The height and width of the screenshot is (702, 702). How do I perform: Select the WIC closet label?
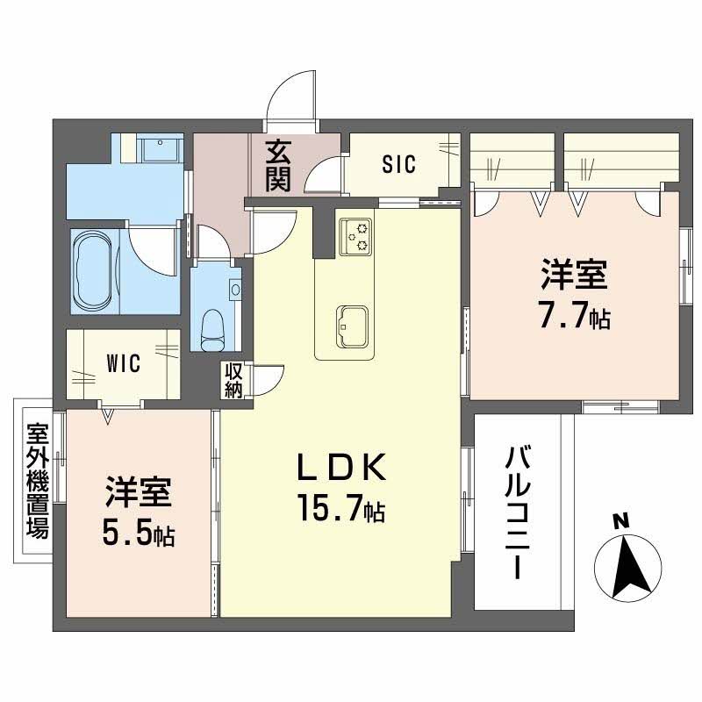[124, 364]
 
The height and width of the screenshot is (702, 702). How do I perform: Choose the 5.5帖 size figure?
[138, 532]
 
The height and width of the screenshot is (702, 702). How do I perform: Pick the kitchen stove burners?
[357, 233]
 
